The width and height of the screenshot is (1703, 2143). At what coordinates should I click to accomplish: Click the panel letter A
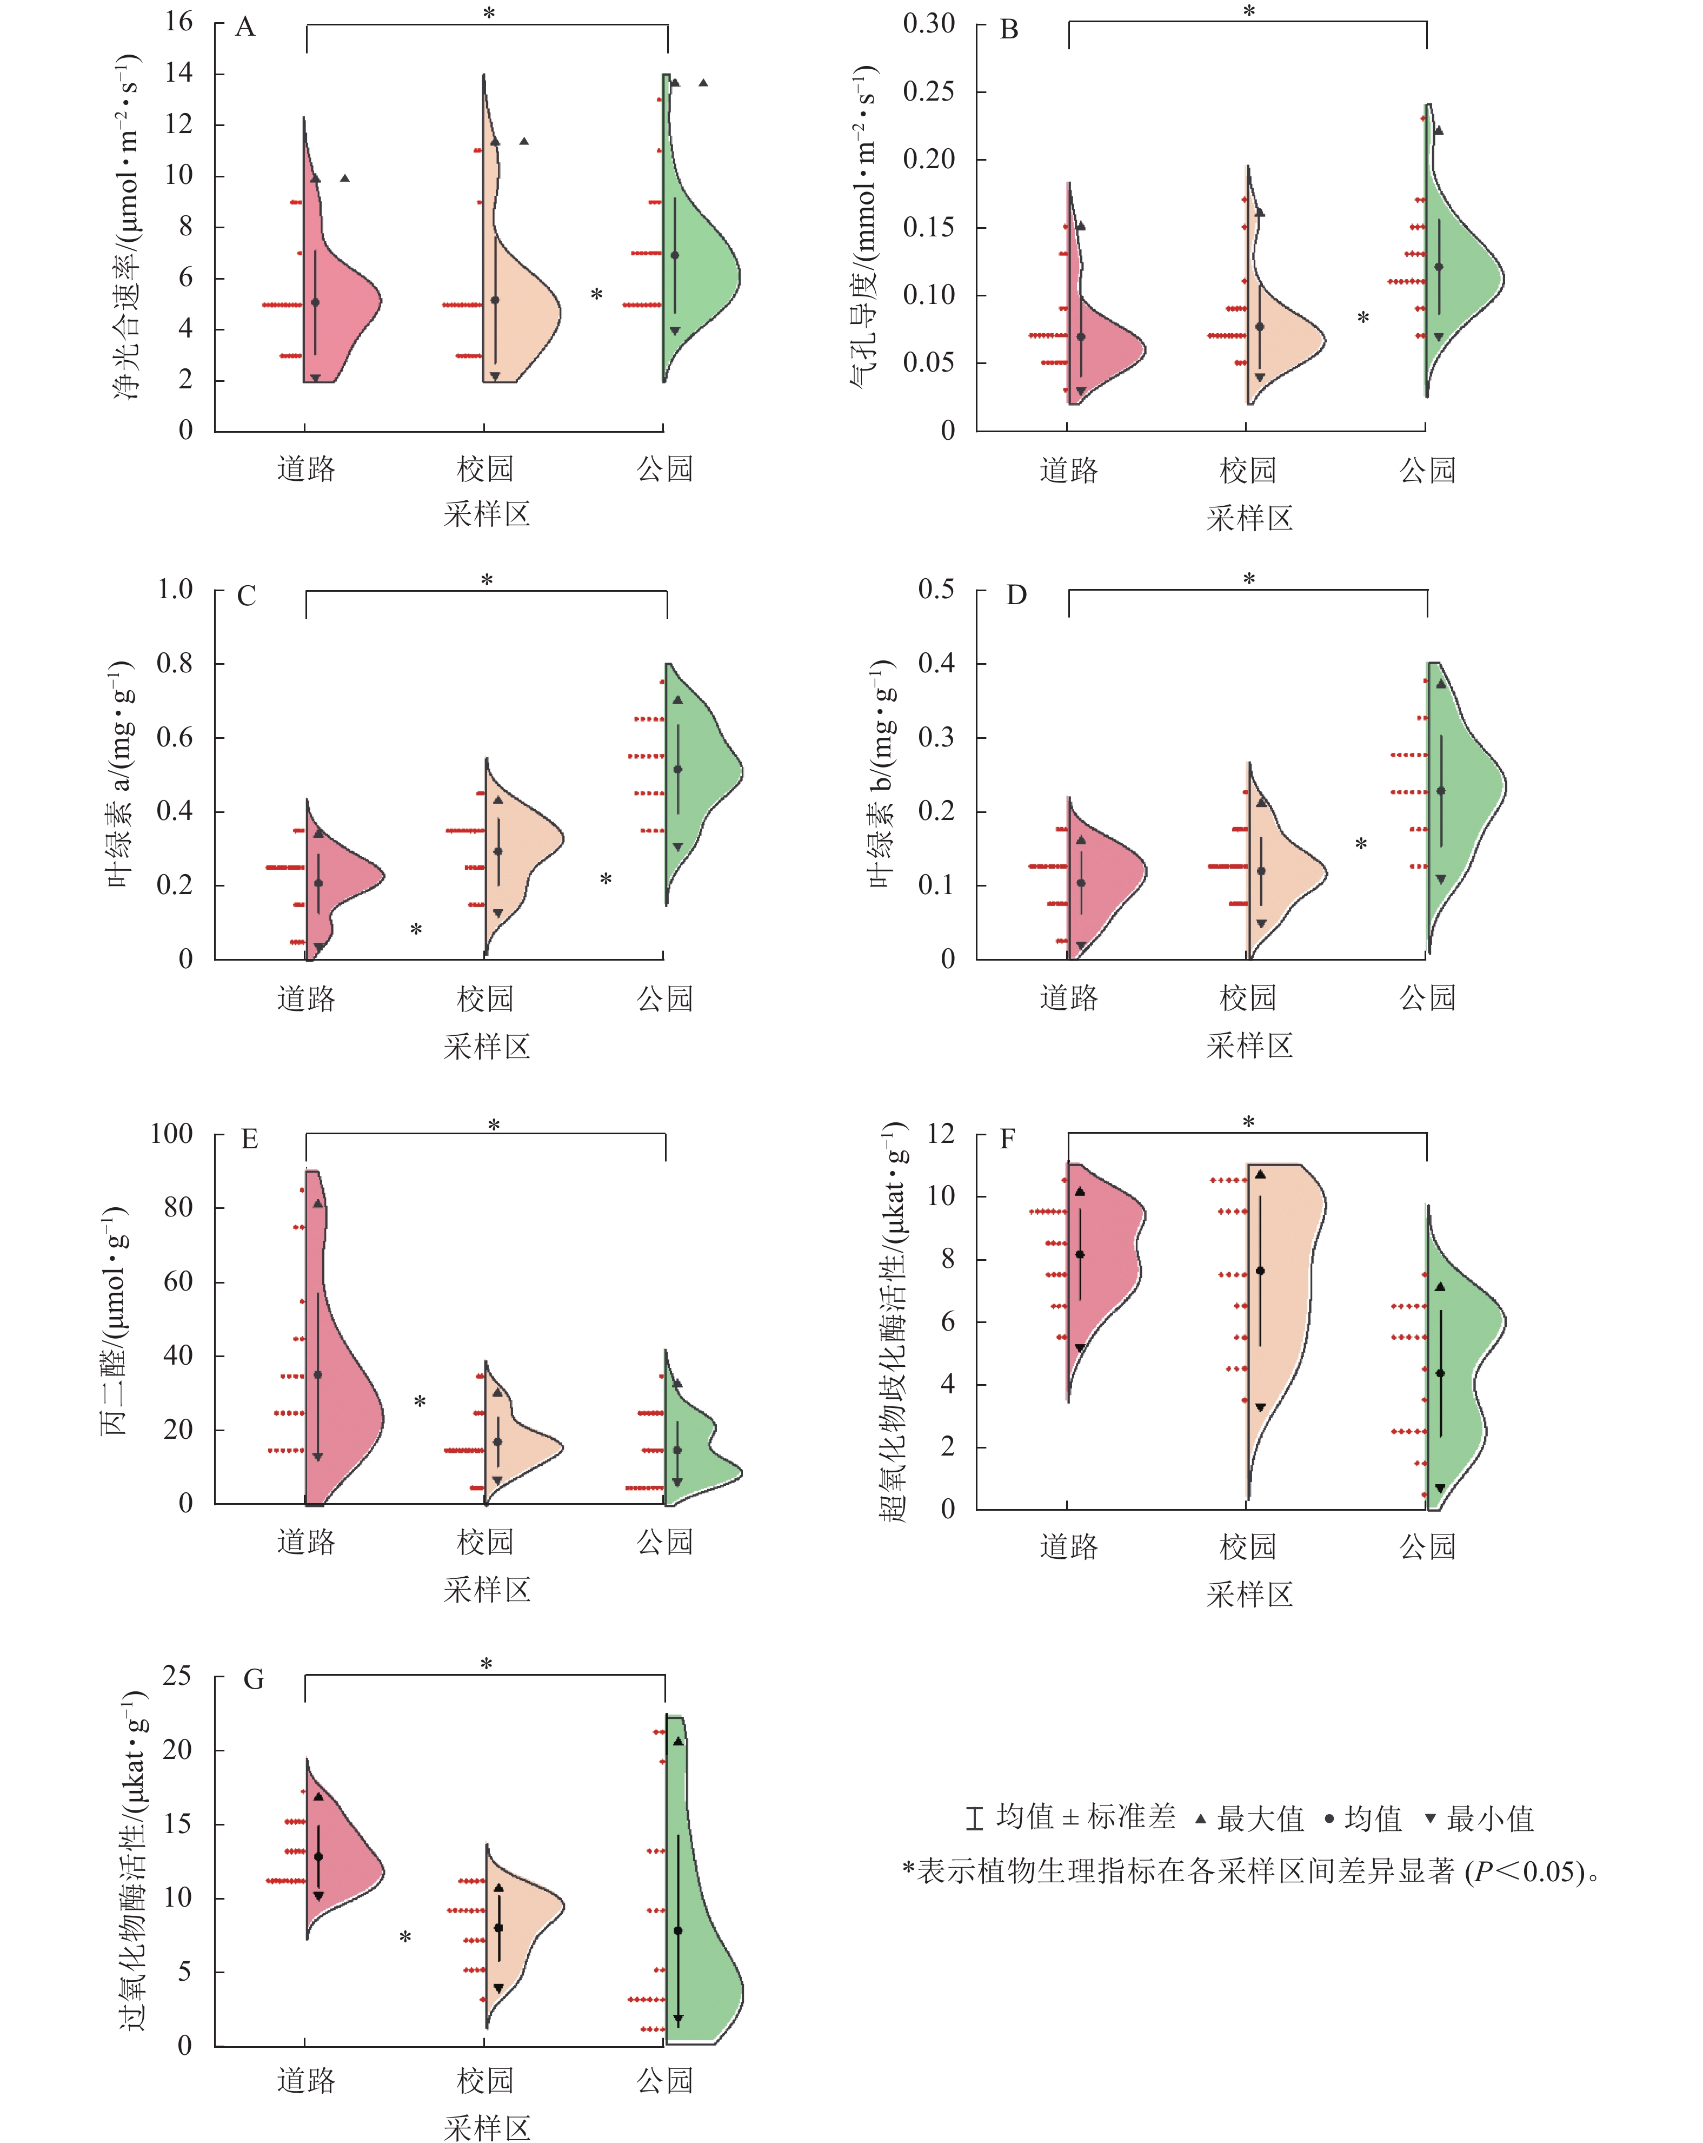(245, 28)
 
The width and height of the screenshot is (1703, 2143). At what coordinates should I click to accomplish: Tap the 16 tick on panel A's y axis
(179, 22)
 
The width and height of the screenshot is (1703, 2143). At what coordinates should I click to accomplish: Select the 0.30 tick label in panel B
(928, 23)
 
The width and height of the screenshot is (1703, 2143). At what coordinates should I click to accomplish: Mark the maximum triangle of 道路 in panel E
(318, 1203)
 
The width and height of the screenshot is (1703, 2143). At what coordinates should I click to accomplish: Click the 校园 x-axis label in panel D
(1247, 997)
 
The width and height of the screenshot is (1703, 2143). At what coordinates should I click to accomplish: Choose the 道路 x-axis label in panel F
(1068, 1546)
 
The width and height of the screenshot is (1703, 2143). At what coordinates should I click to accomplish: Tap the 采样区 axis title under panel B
(1249, 518)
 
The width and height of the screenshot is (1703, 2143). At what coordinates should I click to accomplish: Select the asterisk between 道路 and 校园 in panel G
(405, 1938)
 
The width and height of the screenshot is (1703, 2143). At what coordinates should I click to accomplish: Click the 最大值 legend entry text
(1260, 1819)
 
